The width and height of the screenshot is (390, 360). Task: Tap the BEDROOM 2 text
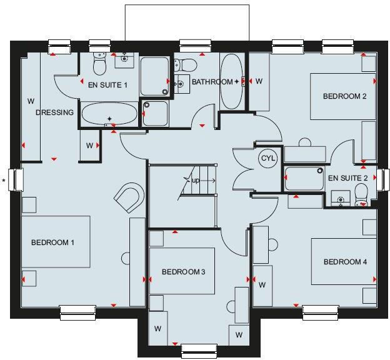pos(344,96)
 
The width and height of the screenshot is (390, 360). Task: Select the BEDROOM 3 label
pos(183,272)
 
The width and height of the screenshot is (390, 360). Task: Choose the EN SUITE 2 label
pos(348,178)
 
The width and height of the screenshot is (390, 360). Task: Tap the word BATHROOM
pos(212,82)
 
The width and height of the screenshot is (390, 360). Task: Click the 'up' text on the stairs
pos(196,181)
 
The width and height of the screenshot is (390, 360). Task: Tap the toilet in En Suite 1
pos(99,63)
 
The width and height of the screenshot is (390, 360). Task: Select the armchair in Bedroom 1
pos(129,198)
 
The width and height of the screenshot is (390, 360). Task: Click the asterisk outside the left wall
pos(4,181)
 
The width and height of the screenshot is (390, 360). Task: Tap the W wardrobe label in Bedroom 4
pos(262,285)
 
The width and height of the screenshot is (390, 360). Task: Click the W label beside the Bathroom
pos(259,82)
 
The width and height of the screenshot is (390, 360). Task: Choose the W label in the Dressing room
pos(29,101)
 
